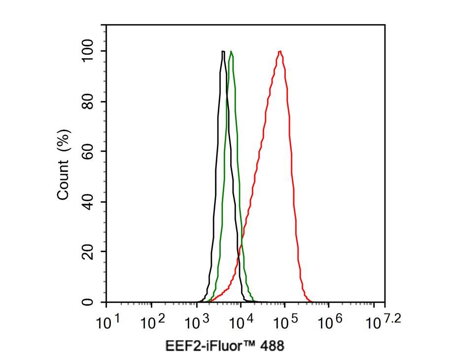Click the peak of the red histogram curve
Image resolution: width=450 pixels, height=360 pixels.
click(280, 51)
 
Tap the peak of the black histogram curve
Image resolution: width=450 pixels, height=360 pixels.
click(223, 51)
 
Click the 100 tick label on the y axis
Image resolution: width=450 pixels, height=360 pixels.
click(88, 51)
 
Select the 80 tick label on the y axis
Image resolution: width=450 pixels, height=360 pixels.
click(88, 102)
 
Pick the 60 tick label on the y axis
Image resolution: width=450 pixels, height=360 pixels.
click(88, 151)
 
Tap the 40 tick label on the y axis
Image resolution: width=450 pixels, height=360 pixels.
click(88, 202)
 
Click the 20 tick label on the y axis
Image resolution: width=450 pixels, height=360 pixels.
click(88, 252)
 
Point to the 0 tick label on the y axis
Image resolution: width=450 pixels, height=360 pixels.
click(88, 302)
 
